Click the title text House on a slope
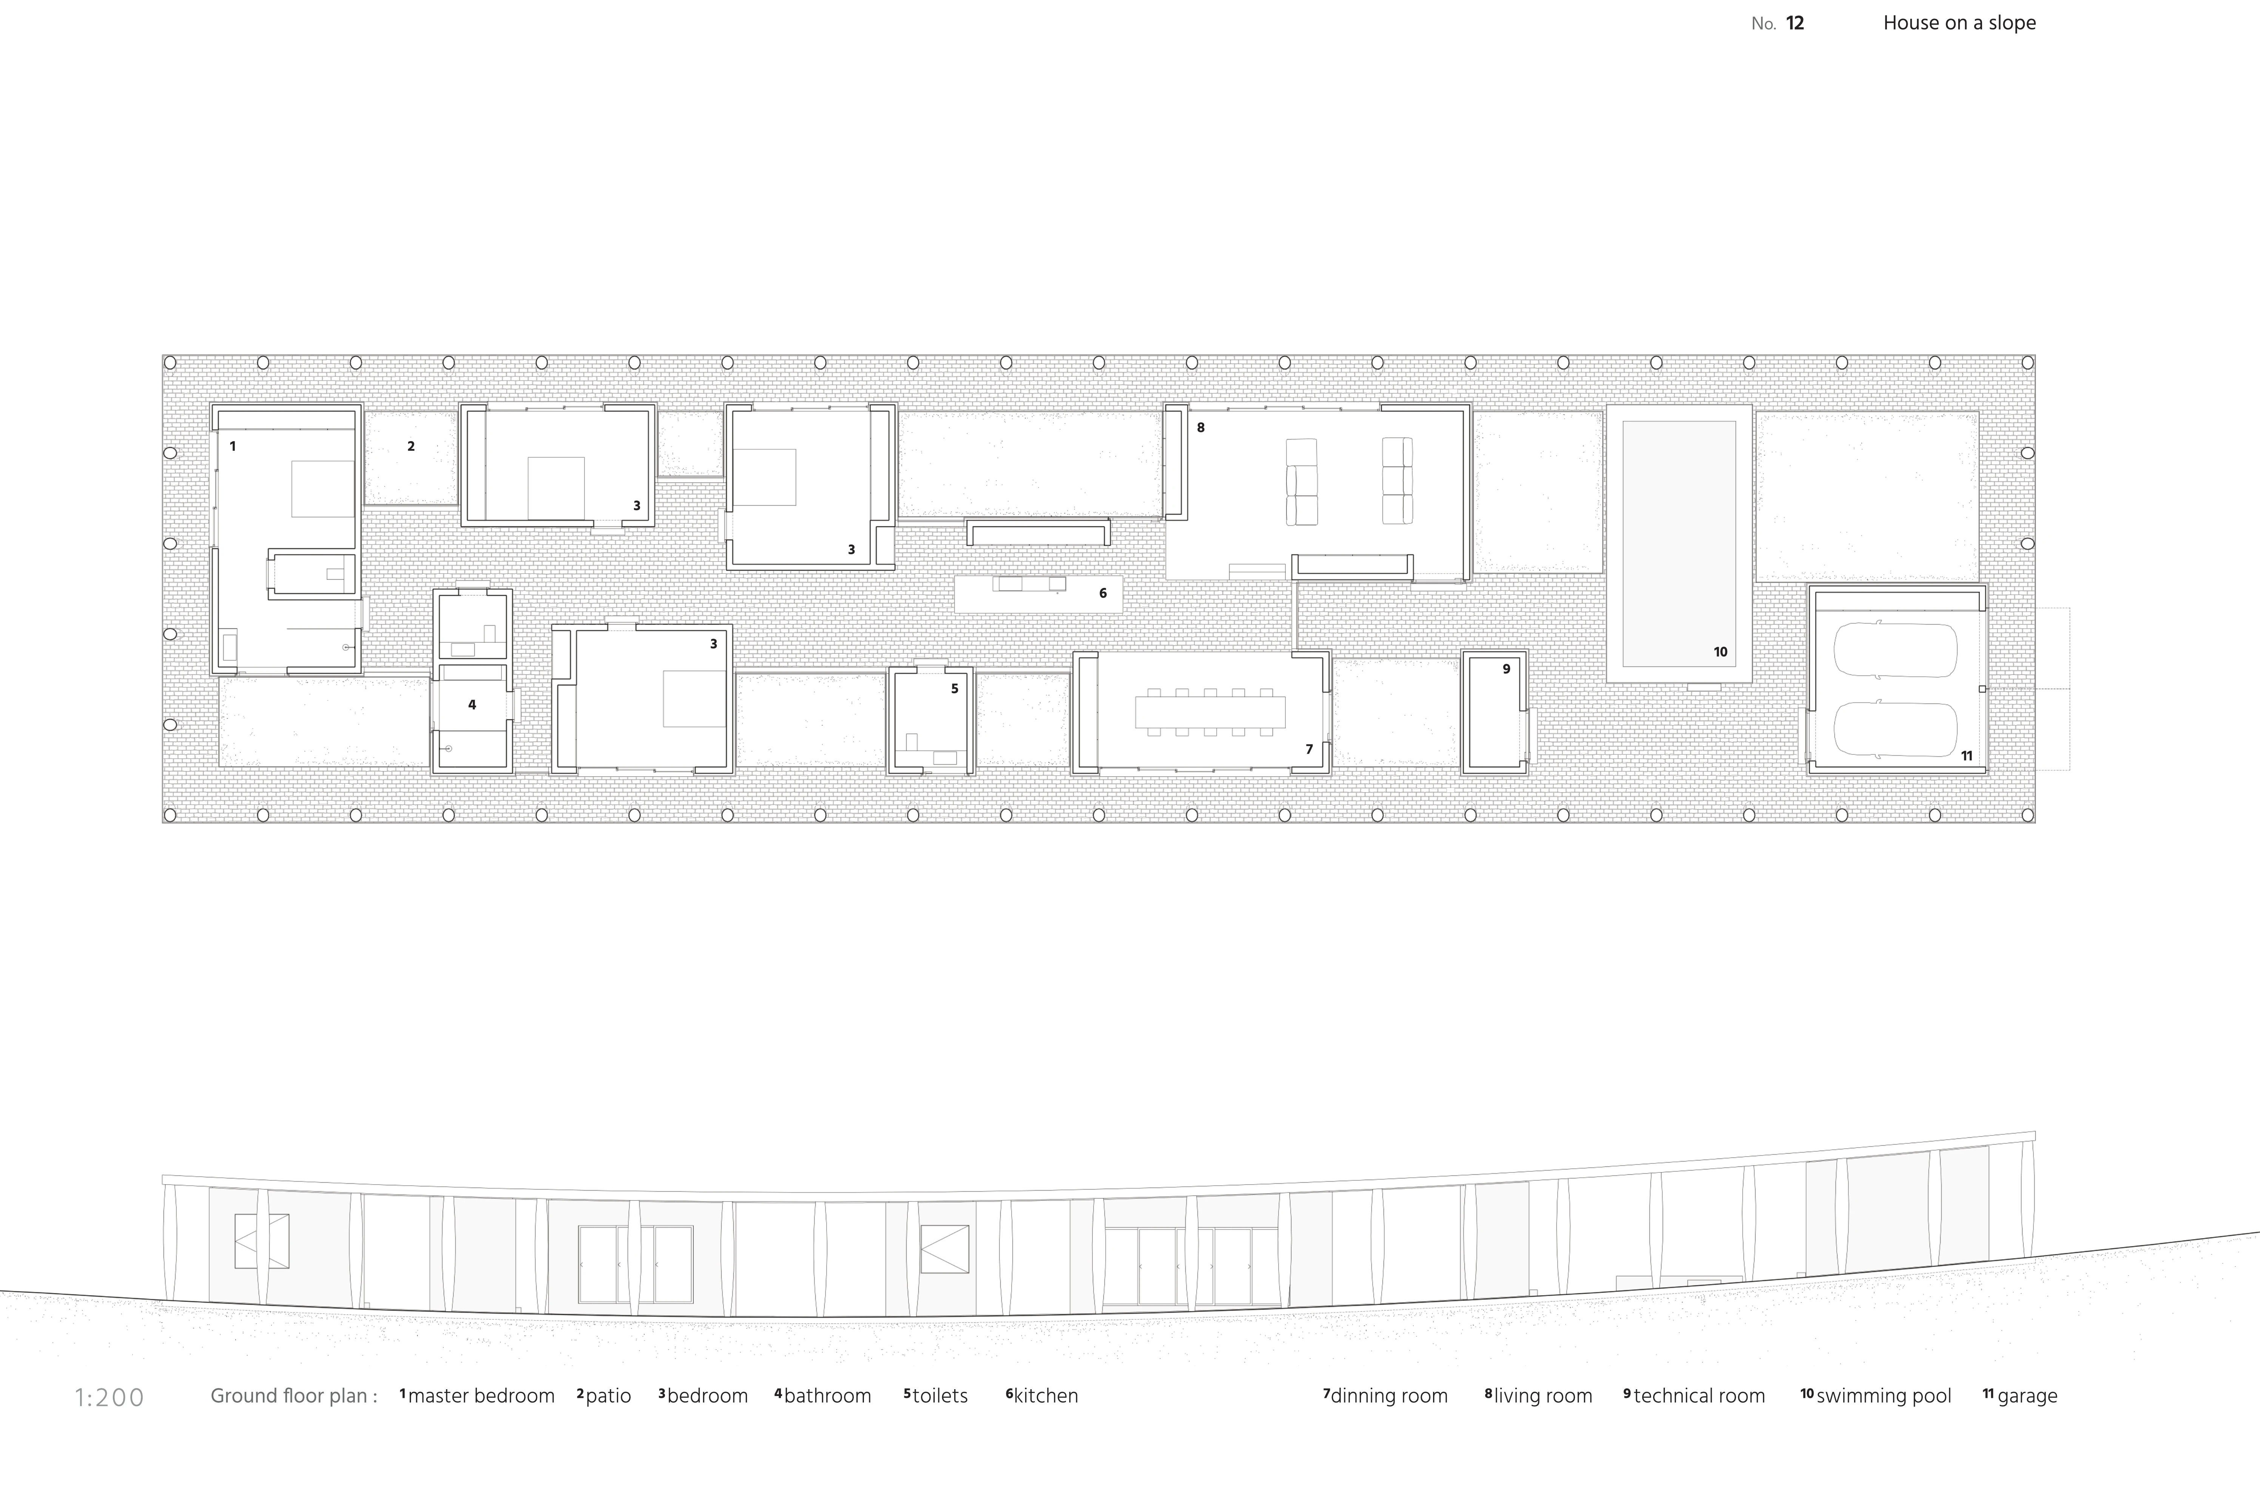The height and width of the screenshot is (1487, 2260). [1959, 23]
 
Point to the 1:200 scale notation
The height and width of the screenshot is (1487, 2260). [109, 1397]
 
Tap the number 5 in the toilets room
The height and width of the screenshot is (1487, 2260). [954, 688]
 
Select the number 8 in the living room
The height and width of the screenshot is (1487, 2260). [1200, 427]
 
